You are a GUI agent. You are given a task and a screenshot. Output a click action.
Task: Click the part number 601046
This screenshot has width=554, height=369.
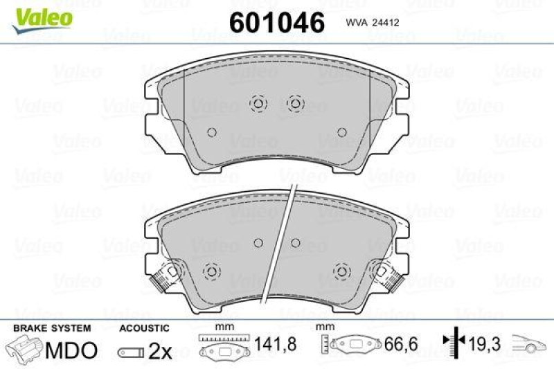[x=276, y=22]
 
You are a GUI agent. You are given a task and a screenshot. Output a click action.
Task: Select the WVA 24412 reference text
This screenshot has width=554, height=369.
[x=374, y=23]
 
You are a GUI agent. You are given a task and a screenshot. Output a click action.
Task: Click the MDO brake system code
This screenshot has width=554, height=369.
[x=71, y=350]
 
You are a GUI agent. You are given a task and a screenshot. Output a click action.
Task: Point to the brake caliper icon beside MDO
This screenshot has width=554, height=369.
[x=24, y=350]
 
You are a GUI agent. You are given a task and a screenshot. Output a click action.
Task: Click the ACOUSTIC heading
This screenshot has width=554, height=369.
[x=144, y=328]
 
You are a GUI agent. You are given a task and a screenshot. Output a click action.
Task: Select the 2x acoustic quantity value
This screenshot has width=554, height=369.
[x=161, y=351]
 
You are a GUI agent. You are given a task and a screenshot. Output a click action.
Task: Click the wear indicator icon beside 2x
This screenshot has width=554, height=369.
[x=131, y=352]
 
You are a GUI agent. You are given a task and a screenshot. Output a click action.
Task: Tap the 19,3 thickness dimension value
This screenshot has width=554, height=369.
[x=487, y=343]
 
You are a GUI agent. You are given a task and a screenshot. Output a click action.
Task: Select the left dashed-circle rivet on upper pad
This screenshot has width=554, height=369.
[x=258, y=104]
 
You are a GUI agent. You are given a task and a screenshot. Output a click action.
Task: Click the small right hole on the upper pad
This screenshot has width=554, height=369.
[x=341, y=132]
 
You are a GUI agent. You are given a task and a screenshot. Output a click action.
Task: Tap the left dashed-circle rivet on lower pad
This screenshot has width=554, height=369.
[x=212, y=271]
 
